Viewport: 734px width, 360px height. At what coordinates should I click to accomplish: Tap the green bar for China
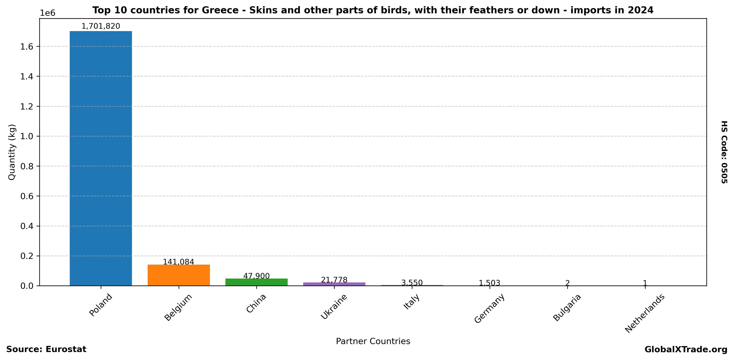[256, 282]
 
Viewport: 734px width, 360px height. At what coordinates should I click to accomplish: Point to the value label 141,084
[178, 262]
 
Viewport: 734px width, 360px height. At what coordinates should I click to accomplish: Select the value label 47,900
[256, 276]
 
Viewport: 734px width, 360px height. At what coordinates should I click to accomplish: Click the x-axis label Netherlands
[644, 313]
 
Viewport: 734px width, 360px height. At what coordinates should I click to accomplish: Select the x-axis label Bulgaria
[567, 307]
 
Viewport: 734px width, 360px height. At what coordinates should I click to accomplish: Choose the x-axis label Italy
[411, 302]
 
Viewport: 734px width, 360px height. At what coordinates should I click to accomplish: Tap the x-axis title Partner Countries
[373, 341]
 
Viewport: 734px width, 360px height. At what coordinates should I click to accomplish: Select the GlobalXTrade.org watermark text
[686, 350]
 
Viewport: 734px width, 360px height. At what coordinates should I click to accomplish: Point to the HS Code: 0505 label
[724, 152]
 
